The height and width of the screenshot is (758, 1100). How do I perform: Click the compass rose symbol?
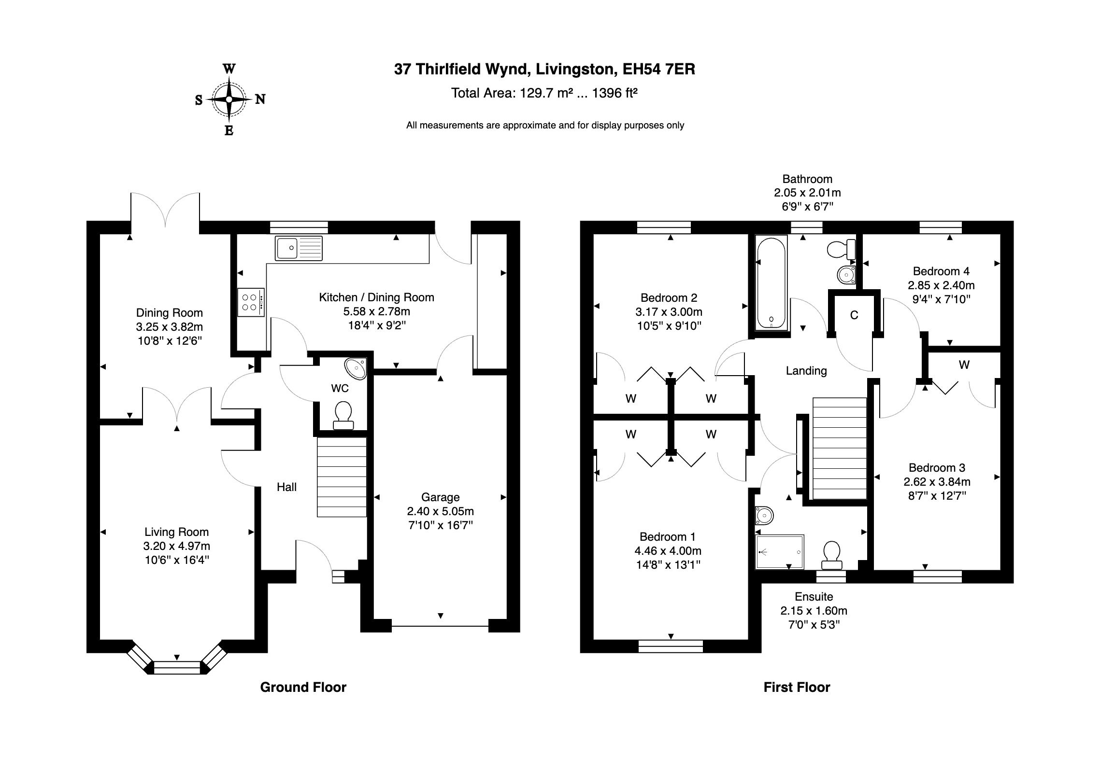click(229, 99)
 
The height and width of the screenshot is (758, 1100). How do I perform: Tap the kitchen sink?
click(298, 248)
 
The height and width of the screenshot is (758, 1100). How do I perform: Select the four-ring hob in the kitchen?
click(251, 303)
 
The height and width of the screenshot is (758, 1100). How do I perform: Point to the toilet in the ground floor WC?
click(343, 415)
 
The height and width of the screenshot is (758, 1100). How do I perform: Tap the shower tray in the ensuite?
click(780, 551)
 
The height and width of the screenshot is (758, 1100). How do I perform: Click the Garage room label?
click(440, 497)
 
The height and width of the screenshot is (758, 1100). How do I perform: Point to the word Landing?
click(806, 371)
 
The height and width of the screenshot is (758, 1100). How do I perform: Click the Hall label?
click(286, 487)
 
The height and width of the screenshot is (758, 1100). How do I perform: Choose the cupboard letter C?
click(854, 315)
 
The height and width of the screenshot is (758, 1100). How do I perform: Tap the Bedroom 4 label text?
click(941, 271)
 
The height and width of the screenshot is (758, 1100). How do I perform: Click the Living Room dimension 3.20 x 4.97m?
click(176, 546)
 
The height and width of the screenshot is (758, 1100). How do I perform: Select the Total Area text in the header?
click(544, 93)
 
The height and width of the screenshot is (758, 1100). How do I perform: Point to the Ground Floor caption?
click(303, 687)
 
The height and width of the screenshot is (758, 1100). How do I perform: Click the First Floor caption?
click(797, 687)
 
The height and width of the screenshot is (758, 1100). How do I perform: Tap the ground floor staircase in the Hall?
click(342, 477)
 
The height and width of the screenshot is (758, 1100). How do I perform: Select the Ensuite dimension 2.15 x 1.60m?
click(814, 611)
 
